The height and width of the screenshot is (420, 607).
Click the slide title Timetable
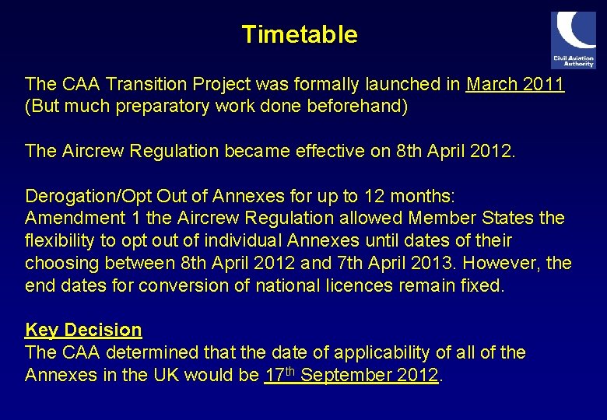coord(300,35)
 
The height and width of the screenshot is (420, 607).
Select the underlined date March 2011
coord(515,84)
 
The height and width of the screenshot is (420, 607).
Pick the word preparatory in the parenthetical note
coord(156,106)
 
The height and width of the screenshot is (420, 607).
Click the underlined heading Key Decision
coord(83,330)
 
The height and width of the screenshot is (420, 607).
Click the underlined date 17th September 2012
coord(352,375)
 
